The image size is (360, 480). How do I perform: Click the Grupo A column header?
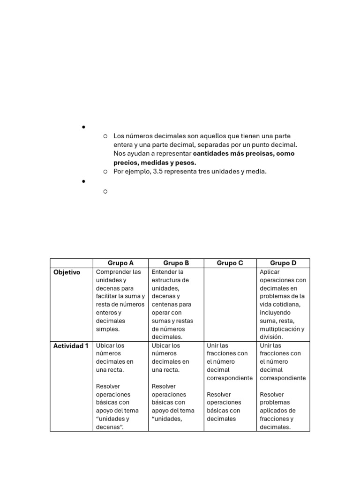120,263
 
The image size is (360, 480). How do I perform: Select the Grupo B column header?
176,263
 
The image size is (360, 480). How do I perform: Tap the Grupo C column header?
230,263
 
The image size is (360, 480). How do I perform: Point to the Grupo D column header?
283,263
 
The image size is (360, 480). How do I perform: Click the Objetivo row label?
67,272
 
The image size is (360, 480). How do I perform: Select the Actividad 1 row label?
71,346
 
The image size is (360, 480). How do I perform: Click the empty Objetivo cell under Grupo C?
230,304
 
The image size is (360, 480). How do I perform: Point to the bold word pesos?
187,163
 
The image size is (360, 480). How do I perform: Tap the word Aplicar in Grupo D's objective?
270,272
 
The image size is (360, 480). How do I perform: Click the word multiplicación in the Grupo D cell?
278,329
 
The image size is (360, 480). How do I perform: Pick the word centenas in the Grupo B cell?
164,304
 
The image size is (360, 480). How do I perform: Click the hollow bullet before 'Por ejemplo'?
105,172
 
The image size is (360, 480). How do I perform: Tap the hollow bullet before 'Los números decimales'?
105,136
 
